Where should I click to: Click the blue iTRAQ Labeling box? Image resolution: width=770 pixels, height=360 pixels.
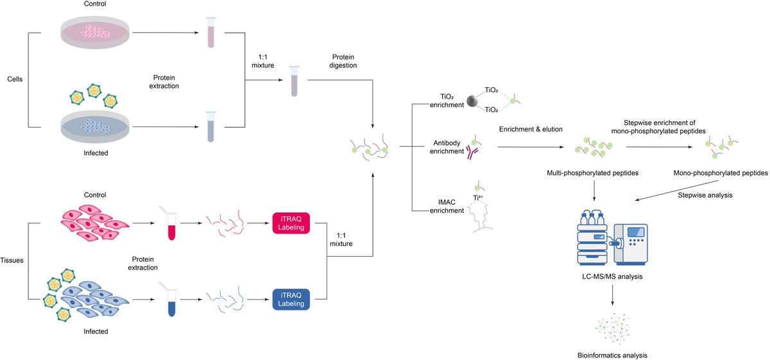pos(291,299)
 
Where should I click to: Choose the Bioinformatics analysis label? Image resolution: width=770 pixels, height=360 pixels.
pos(612,354)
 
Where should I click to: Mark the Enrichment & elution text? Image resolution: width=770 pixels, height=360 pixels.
pos(531,130)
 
